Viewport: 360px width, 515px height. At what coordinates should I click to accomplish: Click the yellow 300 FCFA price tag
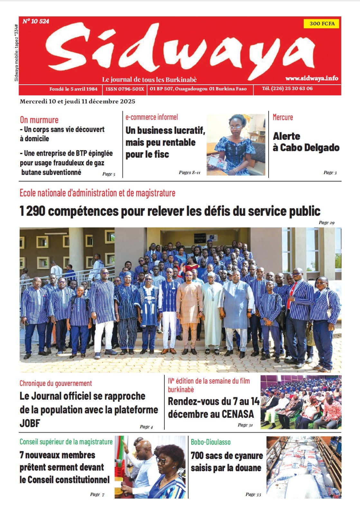321,23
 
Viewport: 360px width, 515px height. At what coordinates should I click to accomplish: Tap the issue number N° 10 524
36,21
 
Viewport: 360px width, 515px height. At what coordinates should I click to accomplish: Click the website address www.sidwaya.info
311,78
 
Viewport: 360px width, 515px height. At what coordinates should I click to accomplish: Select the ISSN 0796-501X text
125,89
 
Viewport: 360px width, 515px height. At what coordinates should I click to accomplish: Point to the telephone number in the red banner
287,89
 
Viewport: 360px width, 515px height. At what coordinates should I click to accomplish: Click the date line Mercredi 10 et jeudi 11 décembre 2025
78,101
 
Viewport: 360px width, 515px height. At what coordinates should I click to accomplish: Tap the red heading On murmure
39,120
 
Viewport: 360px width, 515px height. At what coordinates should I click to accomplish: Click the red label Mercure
283,117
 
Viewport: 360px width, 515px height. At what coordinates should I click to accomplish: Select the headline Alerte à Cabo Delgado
306,142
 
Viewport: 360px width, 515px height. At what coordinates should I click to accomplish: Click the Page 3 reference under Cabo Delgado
330,173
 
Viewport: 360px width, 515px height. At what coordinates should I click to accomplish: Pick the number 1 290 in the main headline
32,211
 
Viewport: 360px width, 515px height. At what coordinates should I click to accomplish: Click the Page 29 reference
327,222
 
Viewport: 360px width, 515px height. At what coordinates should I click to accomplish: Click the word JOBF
30,423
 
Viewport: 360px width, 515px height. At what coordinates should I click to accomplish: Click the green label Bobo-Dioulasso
211,442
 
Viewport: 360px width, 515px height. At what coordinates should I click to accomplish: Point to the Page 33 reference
253,494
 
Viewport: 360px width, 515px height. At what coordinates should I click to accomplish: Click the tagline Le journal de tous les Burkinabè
149,80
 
